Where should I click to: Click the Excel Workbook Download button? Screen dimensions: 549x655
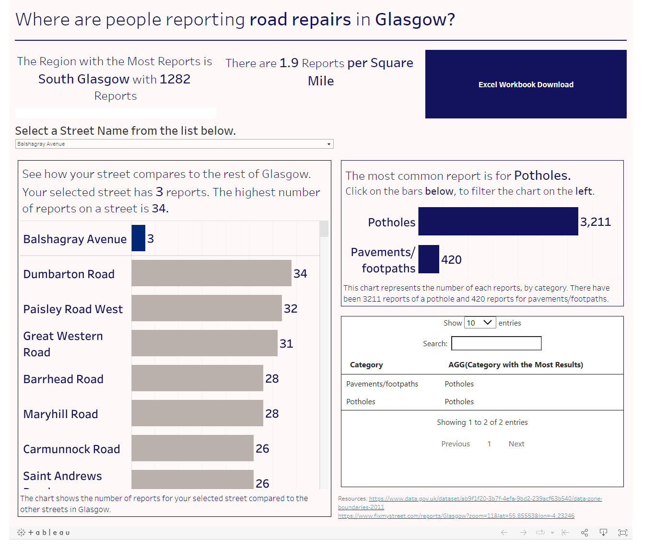pos(526,84)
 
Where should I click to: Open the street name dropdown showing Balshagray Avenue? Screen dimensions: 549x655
pos(174,144)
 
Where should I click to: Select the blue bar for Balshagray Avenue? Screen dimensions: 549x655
pos(138,238)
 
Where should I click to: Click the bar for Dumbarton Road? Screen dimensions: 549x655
pos(211,273)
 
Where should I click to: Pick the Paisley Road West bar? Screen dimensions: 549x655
pos(206,308)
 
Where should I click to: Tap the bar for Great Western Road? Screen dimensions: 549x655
pos(204,343)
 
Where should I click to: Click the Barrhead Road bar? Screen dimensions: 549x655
pos(197,378)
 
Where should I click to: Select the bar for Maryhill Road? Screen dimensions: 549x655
pos(197,413)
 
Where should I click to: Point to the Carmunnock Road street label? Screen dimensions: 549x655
pos(71,449)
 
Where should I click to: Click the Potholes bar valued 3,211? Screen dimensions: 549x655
pos(498,222)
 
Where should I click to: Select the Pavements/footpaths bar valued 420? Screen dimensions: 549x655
pos(429,259)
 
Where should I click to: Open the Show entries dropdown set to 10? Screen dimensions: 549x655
pos(480,323)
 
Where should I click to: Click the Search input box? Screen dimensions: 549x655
pos(496,343)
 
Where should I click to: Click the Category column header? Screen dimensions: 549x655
pos(366,365)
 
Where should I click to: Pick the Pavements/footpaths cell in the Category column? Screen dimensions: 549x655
pos(382,384)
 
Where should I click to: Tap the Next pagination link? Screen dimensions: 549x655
pos(516,444)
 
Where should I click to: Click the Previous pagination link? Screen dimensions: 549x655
pos(456,444)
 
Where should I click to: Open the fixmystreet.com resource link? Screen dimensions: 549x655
pos(456,516)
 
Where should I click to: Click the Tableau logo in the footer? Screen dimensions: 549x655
pos(44,532)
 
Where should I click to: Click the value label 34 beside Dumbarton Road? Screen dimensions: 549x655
pos(300,274)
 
